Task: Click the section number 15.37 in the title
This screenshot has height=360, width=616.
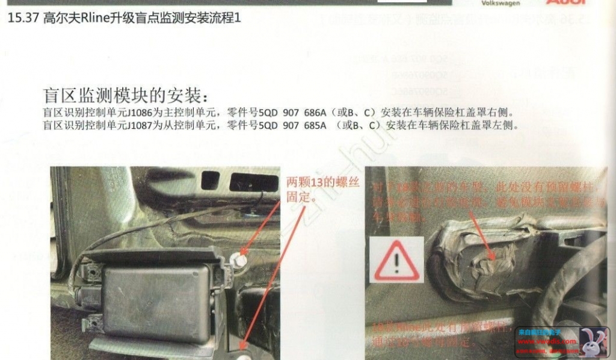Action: (x=23, y=19)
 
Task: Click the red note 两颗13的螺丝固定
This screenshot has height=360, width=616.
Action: (x=322, y=187)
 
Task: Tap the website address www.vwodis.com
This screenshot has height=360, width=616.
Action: (x=547, y=341)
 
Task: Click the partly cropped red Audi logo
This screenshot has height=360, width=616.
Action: (x=565, y=2)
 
